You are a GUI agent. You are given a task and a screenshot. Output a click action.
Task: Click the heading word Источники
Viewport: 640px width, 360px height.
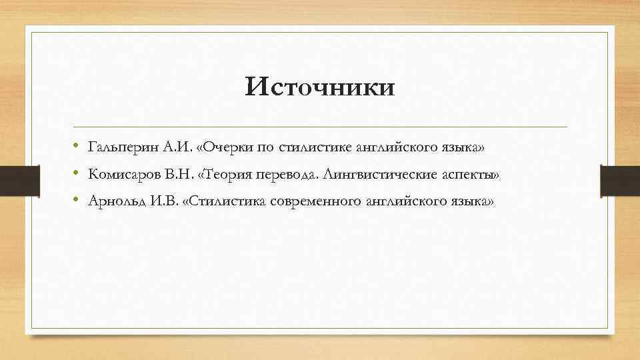pos(319,87)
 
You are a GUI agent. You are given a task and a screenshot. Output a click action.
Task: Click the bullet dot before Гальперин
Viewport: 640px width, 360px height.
pos(78,146)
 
